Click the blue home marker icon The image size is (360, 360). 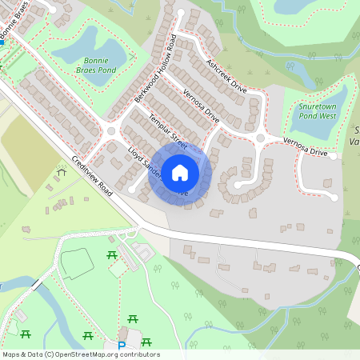tap(180, 172)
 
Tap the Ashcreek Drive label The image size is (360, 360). tap(226, 76)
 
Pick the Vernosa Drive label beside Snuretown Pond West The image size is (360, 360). tap(305, 147)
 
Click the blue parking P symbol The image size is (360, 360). tap(122, 346)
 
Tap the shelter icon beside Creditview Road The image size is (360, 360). tap(62, 172)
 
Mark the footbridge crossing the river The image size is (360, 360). tap(37, 285)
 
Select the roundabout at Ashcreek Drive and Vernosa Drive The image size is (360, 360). tap(259, 138)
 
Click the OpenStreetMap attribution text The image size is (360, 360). tap(81, 354)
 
